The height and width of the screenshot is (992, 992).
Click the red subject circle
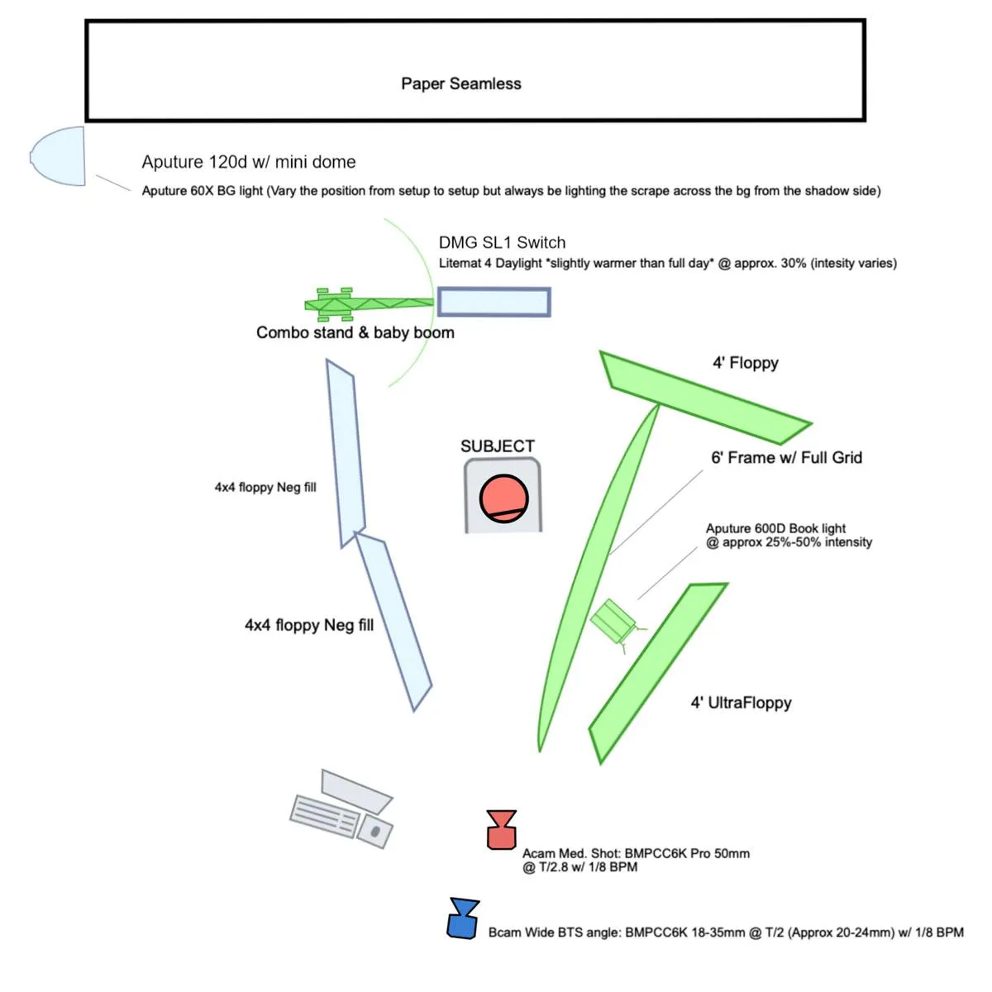(503, 498)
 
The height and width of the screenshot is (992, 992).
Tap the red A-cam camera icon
(501, 831)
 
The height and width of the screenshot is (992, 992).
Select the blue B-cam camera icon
(463, 919)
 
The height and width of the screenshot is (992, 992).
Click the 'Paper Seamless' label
(460, 83)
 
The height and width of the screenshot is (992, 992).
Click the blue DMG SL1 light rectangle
(494, 302)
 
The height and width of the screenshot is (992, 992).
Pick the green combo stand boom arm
(372, 304)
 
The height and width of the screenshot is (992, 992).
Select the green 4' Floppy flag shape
(703, 396)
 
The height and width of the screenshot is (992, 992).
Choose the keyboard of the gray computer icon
(325, 815)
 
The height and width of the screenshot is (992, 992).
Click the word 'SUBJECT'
(497, 446)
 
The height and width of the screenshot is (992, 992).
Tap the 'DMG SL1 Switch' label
(502, 242)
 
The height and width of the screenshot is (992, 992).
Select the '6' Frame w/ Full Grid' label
(786, 457)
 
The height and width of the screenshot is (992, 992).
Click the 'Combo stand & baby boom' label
(355, 332)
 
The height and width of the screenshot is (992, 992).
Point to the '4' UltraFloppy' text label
(741, 703)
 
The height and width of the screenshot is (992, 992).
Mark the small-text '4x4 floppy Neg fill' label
(265, 487)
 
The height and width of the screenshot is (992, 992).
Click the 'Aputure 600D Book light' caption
(775, 528)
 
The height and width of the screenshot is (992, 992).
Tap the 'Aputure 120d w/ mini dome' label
(248, 162)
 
